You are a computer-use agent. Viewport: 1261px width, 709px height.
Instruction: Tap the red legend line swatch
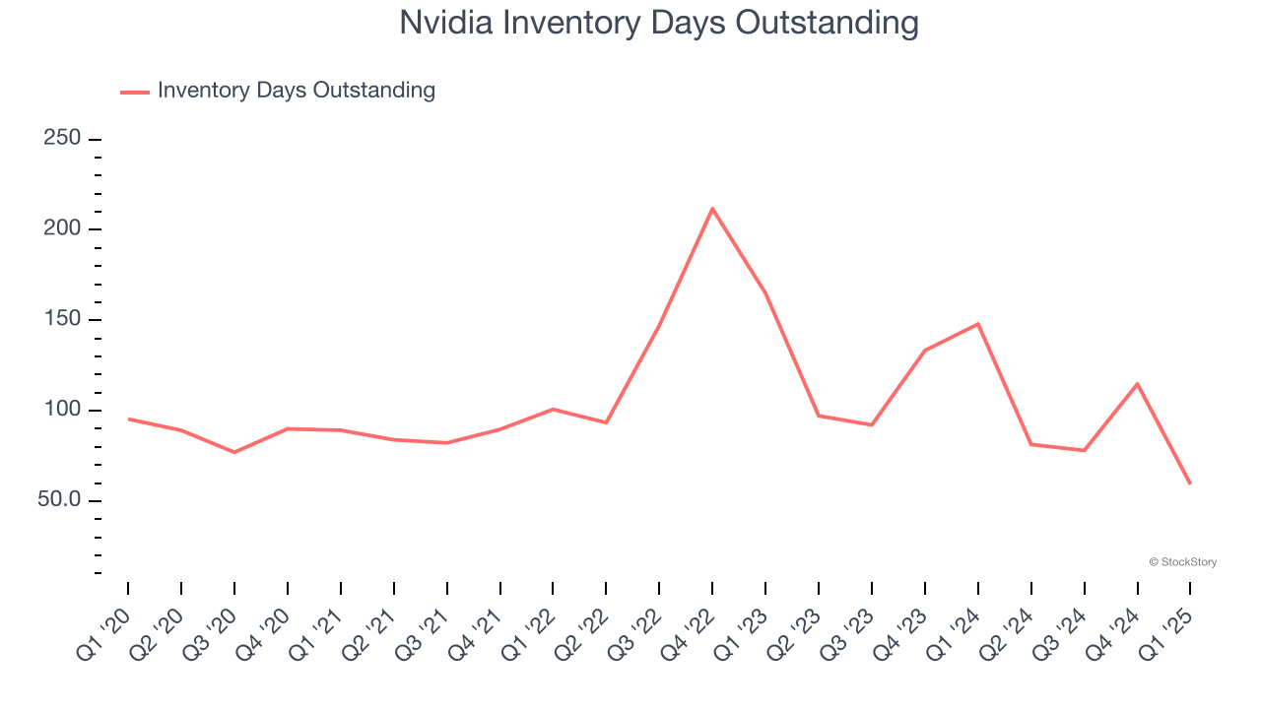(x=135, y=92)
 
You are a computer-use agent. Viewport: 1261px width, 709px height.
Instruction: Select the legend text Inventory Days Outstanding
(x=296, y=91)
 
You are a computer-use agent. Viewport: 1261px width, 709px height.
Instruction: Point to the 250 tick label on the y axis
(x=62, y=139)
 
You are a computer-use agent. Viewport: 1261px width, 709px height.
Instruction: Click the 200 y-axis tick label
(x=62, y=229)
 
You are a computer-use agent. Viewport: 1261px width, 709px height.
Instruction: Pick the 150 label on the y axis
(x=62, y=320)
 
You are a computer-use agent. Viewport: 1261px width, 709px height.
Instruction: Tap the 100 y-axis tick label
(x=62, y=411)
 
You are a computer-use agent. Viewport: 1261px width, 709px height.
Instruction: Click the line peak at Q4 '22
(x=712, y=208)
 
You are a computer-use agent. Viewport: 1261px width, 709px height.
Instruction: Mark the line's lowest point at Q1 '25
(x=1190, y=483)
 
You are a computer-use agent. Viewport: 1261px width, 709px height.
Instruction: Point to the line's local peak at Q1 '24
(x=977, y=323)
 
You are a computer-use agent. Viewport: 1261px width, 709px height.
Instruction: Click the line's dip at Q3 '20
(x=234, y=452)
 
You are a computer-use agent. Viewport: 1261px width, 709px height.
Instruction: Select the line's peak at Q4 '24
(x=1137, y=383)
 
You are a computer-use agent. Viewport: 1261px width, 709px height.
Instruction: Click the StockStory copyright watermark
(x=1182, y=562)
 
